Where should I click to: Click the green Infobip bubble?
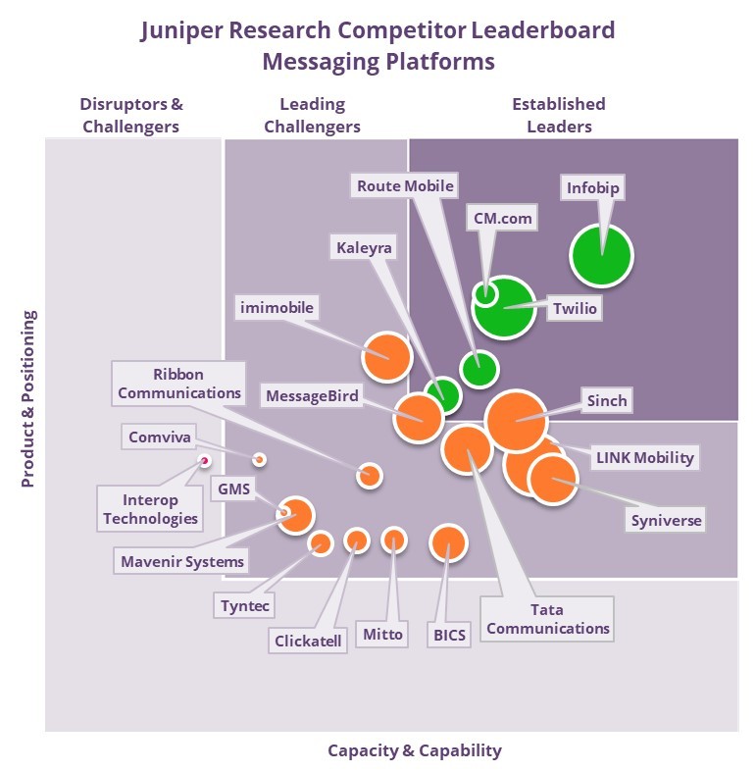602,255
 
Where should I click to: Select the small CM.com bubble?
484,291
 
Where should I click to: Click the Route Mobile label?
405,185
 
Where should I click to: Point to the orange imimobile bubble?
387,356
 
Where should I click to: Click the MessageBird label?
312,396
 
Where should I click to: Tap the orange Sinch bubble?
516,420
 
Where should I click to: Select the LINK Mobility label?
644,457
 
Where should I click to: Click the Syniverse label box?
666,520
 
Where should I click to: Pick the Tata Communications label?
548,619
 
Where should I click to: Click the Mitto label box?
382,634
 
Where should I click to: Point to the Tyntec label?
244,605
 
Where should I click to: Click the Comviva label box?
160,437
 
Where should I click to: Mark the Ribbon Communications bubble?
369,475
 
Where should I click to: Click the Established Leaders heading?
559,115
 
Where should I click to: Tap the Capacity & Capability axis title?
414,750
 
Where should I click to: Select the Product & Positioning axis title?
28,399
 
